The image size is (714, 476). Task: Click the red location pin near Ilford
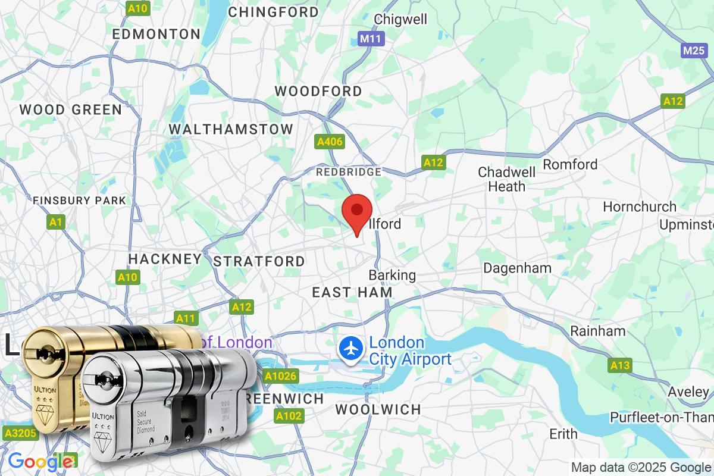(x=357, y=211)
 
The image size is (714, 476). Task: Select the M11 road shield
(x=372, y=39)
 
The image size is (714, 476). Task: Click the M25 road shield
(x=694, y=50)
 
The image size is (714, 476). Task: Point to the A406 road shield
(x=329, y=142)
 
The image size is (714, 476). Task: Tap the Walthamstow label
(x=231, y=129)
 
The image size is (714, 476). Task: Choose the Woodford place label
(x=318, y=91)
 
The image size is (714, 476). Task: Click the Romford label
(x=570, y=164)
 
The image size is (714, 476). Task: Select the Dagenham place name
(x=517, y=268)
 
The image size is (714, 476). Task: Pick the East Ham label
(x=352, y=292)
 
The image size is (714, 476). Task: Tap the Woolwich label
(x=378, y=409)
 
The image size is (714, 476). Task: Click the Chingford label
(x=274, y=12)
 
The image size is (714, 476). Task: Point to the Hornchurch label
(x=640, y=206)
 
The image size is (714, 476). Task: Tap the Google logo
(x=40, y=461)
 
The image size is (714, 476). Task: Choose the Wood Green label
(x=71, y=109)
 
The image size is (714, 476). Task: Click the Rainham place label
(x=589, y=331)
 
